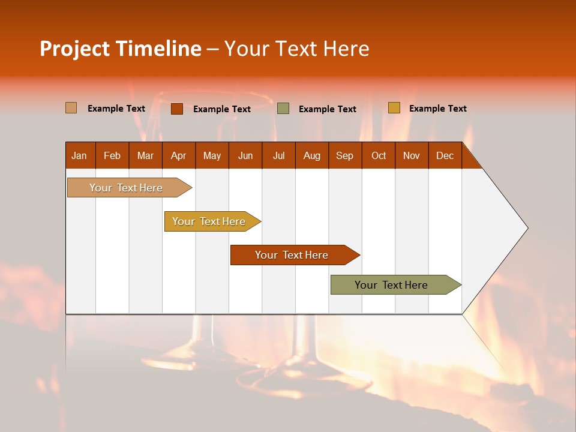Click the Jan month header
click(x=80, y=155)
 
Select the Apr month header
click(x=179, y=155)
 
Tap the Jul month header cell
click(x=279, y=155)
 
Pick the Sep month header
click(x=345, y=155)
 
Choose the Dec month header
click(x=445, y=155)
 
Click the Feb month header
click(x=112, y=155)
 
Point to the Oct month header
click(x=379, y=155)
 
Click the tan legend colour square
click(x=71, y=108)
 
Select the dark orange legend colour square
click(x=177, y=109)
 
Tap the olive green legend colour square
click(x=283, y=109)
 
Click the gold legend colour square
click(x=394, y=108)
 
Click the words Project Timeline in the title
click(x=121, y=49)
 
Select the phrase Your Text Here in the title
click(x=297, y=49)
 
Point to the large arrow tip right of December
click(x=504, y=228)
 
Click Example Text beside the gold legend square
click(x=437, y=109)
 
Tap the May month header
click(x=212, y=155)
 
